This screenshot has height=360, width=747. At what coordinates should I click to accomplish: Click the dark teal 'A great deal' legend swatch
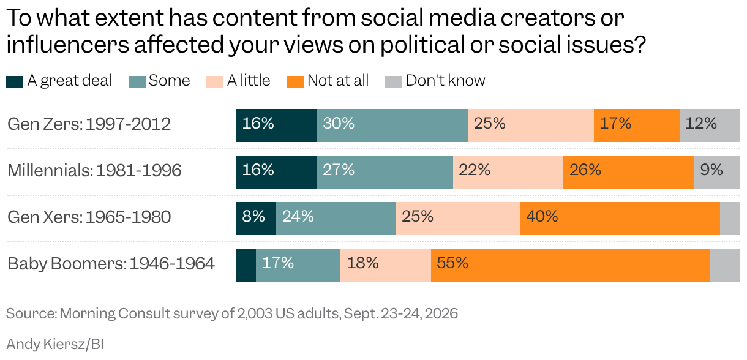[x=15, y=82]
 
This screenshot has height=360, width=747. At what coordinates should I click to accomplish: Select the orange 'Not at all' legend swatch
[x=295, y=82]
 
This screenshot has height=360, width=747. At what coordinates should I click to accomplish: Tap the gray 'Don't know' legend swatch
[x=393, y=82]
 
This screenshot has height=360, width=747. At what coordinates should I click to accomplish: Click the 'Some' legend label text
[x=170, y=81]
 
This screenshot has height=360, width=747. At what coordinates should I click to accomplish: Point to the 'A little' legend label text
[x=249, y=81]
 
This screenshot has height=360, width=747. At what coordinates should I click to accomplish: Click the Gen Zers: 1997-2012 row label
[x=89, y=124]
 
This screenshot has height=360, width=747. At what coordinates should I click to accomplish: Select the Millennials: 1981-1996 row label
[x=94, y=170]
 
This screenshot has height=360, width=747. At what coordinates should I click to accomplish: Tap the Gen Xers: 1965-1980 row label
[x=89, y=217]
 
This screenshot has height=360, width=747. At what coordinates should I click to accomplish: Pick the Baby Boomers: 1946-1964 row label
[x=111, y=264]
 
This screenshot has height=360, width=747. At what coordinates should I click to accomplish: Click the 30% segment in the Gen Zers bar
[x=392, y=126]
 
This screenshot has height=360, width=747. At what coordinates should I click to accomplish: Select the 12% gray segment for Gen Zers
[x=709, y=126]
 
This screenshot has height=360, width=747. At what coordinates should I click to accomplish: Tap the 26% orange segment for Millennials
[x=629, y=172]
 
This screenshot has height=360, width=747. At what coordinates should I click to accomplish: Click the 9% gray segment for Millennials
[x=716, y=172]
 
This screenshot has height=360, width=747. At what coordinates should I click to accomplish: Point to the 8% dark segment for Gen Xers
[x=256, y=219]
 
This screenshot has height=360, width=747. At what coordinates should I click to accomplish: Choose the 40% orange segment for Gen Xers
[x=620, y=219]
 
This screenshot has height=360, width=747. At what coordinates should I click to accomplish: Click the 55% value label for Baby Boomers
[x=452, y=263]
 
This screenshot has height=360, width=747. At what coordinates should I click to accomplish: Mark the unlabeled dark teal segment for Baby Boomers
[x=246, y=265]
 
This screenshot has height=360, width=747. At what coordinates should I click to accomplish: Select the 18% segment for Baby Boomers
[x=386, y=265]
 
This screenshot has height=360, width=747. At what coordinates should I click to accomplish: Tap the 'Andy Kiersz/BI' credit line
[x=55, y=344]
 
